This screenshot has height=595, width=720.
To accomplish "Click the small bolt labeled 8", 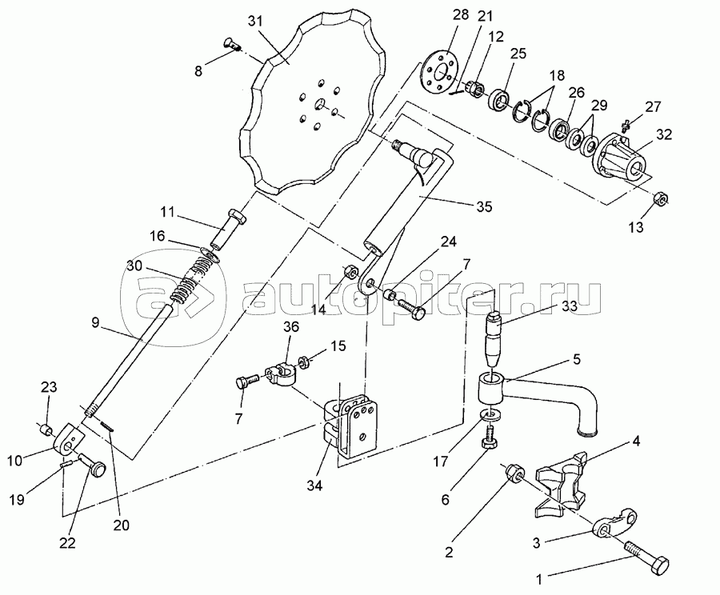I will point(232,45).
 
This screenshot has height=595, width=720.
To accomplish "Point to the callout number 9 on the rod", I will point(94,324).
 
